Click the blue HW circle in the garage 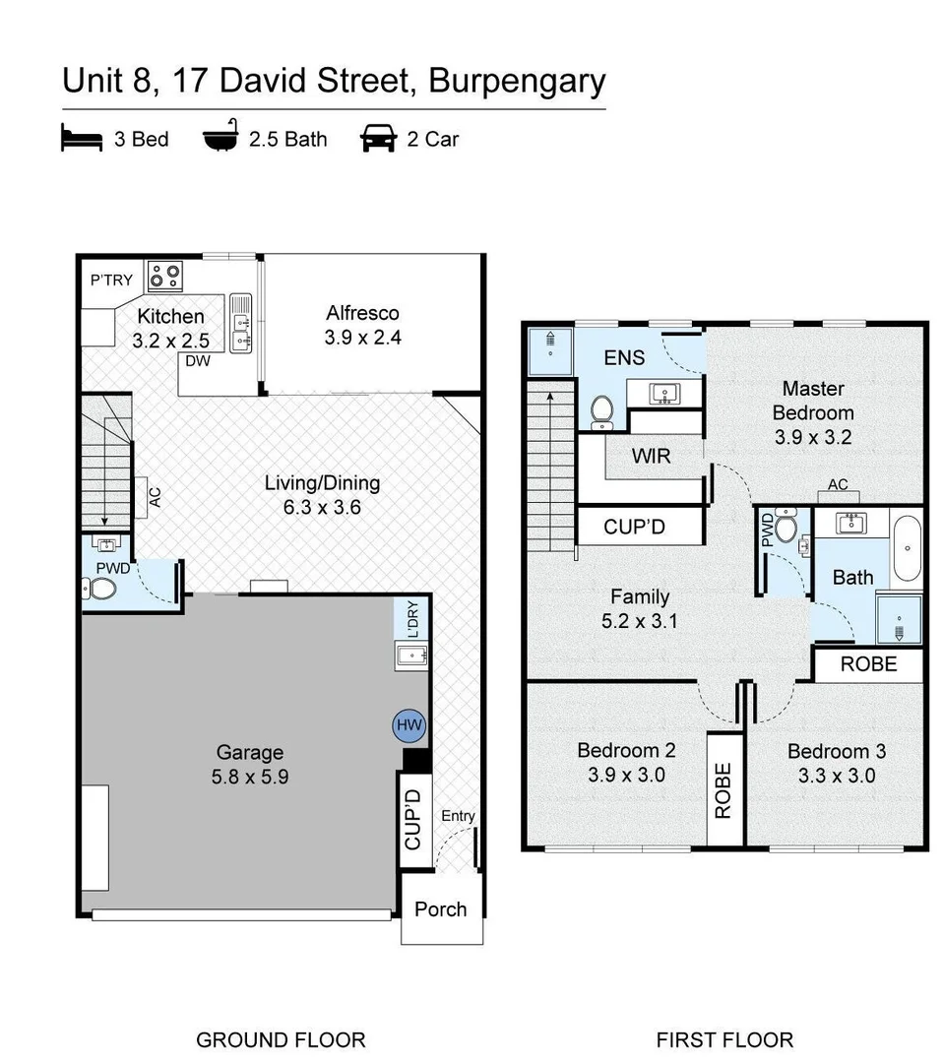coord(409,725)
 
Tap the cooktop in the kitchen coord(164,276)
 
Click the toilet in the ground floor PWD coord(101,589)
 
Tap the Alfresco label coord(363,313)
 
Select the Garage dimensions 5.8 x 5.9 coord(250,776)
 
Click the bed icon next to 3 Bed coord(82,139)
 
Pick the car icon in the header coord(379,139)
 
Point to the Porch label coord(440,908)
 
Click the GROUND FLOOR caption coord(281,1039)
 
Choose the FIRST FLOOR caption coord(724,1039)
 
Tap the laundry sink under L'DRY coord(409,655)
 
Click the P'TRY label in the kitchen coord(111,280)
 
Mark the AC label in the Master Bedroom coord(838,485)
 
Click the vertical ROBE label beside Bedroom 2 coord(723,790)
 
